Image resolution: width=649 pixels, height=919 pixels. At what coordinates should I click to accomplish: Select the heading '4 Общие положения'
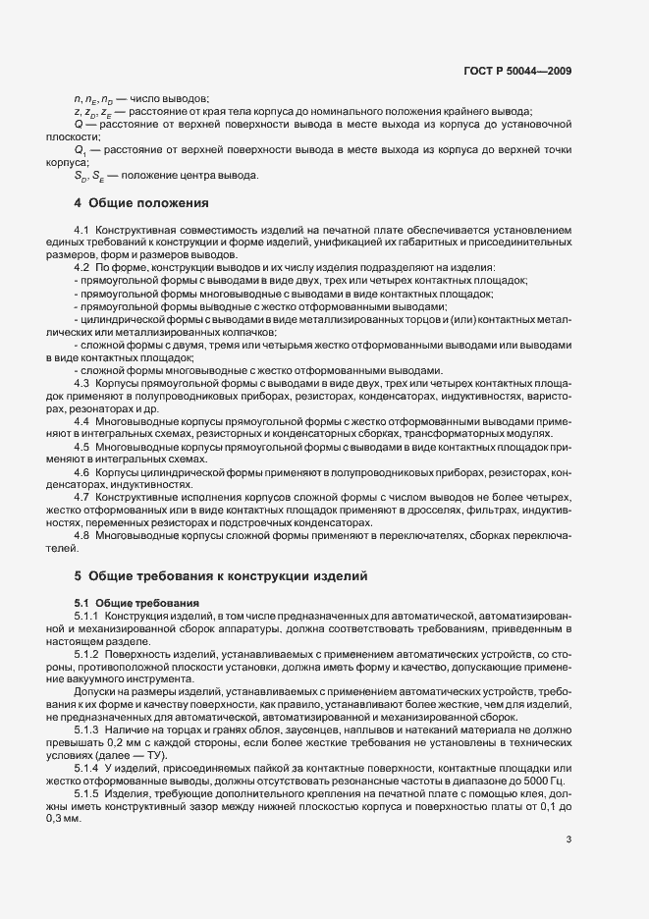tap(142, 203)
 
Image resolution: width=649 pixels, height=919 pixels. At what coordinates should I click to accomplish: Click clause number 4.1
tap(82, 229)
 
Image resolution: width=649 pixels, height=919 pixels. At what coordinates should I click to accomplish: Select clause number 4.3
tap(82, 383)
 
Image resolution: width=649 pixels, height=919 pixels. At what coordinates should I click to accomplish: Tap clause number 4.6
tap(82, 473)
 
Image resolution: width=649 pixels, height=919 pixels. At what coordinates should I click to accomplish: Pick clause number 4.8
tap(82, 536)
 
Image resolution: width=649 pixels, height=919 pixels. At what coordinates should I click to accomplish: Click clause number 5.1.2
tap(87, 652)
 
